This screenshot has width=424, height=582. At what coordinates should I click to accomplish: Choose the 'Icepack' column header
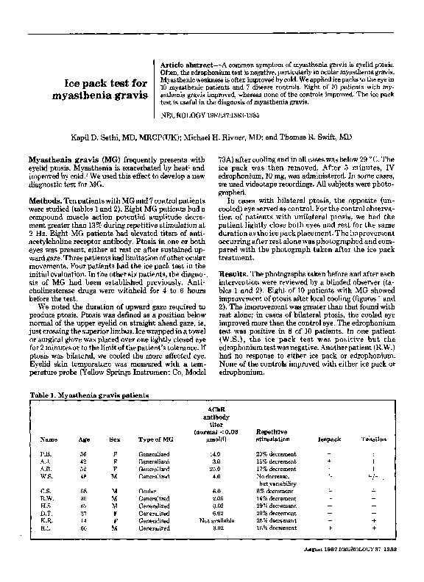click(328, 439)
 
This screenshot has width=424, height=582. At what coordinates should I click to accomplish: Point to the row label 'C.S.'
click(46, 489)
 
